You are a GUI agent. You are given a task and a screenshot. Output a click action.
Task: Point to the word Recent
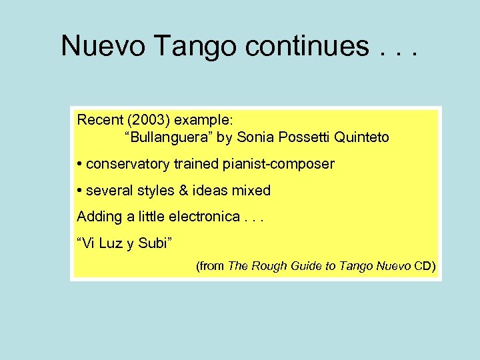(99, 121)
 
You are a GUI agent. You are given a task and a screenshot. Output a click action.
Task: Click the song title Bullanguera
(160, 138)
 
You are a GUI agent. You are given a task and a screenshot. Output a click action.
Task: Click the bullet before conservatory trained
(79, 164)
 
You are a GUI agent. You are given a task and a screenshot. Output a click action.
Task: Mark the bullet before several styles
(79, 191)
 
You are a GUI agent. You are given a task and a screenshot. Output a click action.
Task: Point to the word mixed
(251, 191)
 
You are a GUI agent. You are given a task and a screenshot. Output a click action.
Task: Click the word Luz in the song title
(111, 243)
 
